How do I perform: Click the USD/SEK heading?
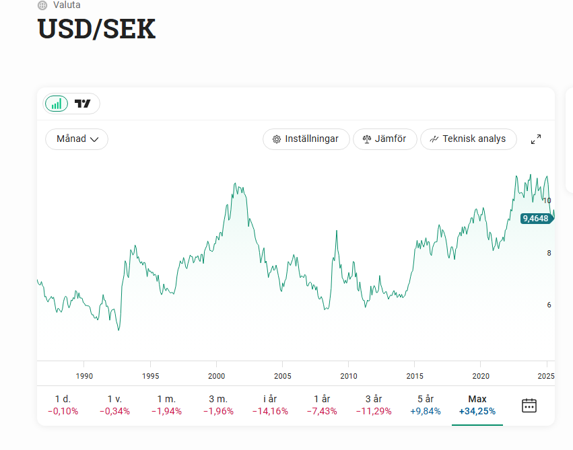96,30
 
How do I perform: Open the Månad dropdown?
77,139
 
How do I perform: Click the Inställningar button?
306,139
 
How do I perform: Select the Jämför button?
384,139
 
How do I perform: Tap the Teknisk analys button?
468,139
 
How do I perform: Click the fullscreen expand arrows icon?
536,139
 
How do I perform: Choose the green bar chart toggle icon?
57,104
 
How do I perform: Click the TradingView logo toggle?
83,104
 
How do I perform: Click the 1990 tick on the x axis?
84,376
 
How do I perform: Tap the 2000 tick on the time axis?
216,376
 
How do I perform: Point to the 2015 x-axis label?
415,376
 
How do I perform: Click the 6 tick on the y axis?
549,305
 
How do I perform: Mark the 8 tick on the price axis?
549,253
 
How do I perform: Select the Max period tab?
477,404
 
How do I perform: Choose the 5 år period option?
425,404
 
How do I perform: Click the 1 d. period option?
63,404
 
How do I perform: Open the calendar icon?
529,405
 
